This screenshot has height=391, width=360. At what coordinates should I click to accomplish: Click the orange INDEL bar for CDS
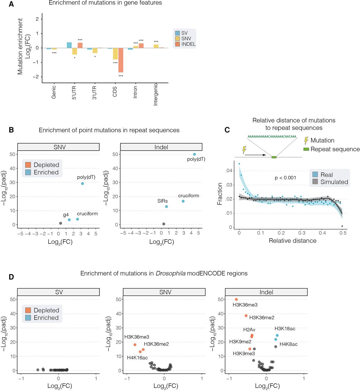[121, 60]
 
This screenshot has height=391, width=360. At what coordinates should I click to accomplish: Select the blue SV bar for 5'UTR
[69, 45]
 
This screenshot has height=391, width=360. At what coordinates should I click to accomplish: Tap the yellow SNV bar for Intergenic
[156, 46]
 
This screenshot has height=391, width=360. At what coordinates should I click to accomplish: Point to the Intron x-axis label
[135, 92]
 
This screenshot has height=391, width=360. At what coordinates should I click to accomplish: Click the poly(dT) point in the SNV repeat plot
[83, 184]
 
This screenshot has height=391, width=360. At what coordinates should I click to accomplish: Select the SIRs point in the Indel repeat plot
[167, 207]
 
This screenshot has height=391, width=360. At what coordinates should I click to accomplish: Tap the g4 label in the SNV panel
[66, 215]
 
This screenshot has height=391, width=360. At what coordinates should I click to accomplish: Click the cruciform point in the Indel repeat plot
[183, 201]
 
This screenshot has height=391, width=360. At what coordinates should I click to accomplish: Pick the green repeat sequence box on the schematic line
[274, 157]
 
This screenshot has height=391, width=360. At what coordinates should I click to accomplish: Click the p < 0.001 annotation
[285, 178]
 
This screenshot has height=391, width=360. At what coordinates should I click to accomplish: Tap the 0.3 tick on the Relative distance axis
[302, 233]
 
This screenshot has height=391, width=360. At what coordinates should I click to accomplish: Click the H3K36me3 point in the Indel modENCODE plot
[236, 300]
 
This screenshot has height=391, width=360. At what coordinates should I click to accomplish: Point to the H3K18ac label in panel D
[285, 329]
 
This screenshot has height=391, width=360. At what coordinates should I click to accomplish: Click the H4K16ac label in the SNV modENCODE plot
[137, 358]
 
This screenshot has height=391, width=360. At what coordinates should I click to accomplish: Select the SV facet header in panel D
[59, 292]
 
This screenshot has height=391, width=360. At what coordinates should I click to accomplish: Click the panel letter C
[227, 130]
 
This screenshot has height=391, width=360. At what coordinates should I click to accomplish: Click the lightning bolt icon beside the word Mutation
[306, 141]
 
